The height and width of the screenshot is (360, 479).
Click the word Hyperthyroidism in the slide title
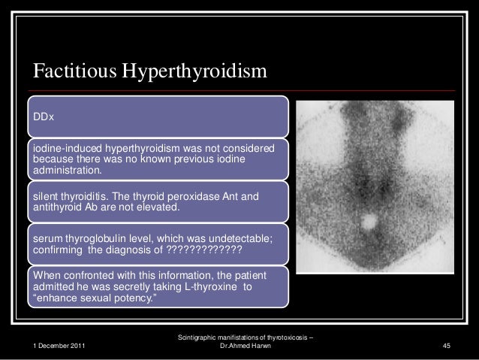[x=200, y=71]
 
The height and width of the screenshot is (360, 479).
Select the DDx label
[x=43, y=116]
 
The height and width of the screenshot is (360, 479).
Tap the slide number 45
[x=446, y=345]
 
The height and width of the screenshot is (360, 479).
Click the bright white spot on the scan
[x=369, y=222]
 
